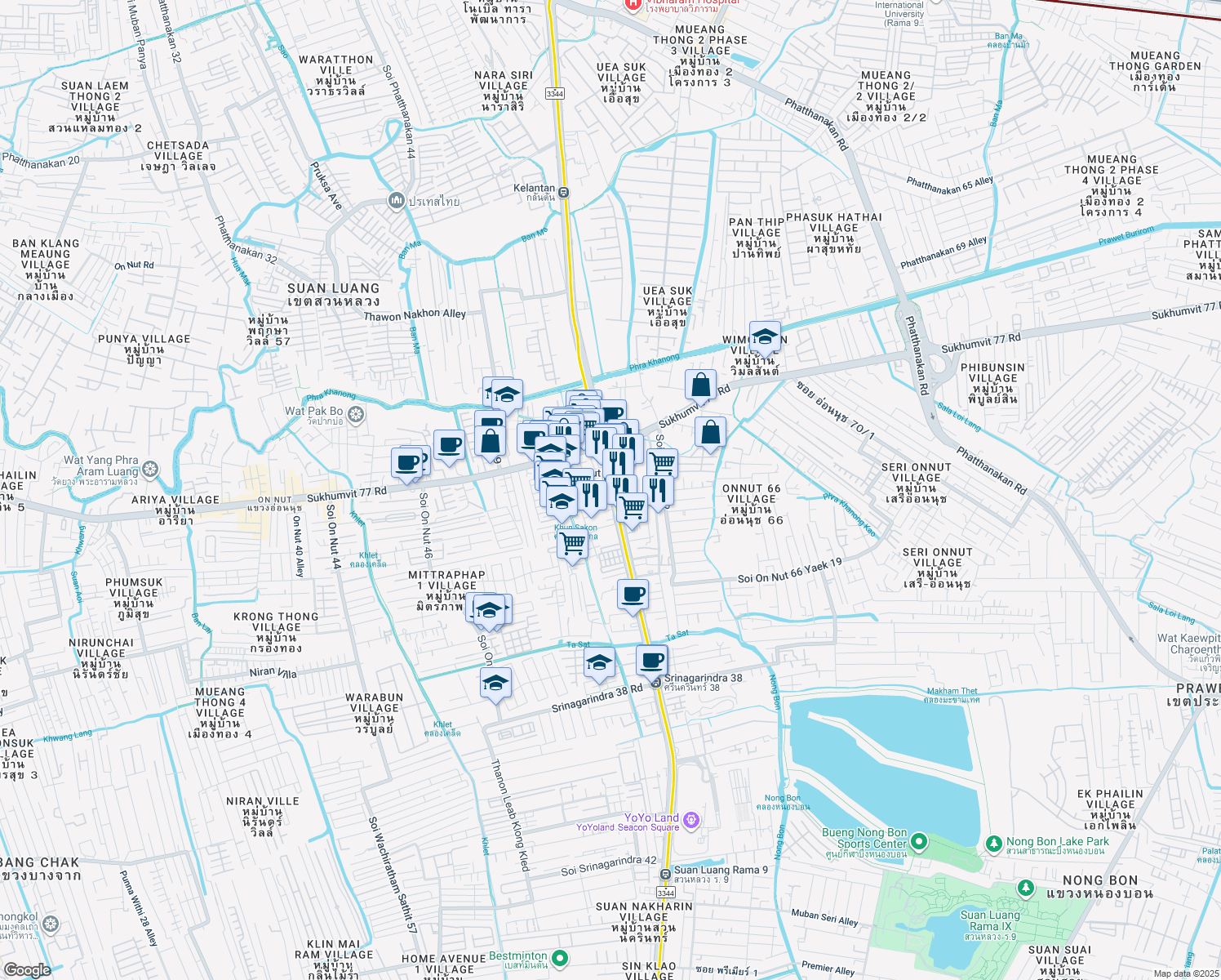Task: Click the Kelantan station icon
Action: tap(564, 193)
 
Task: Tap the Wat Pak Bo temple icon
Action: tap(356, 416)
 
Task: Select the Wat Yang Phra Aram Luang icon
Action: tap(149, 470)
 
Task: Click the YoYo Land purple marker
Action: tap(691, 819)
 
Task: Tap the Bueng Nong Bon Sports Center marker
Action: tap(919, 840)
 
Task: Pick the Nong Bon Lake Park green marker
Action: tap(994, 842)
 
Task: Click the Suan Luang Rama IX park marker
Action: tap(1025, 888)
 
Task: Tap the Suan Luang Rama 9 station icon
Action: tap(665, 875)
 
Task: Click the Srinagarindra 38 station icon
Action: tap(656, 682)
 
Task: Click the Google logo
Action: tap(27, 969)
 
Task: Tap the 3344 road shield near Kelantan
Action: tap(555, 93)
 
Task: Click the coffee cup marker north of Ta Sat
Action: tap(633, 595)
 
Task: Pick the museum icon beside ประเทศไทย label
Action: tap(397, 201)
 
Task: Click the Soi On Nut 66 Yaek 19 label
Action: tap(789, 572)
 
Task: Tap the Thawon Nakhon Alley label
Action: tap(414, 314)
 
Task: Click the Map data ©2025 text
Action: tap(1186, 973)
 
